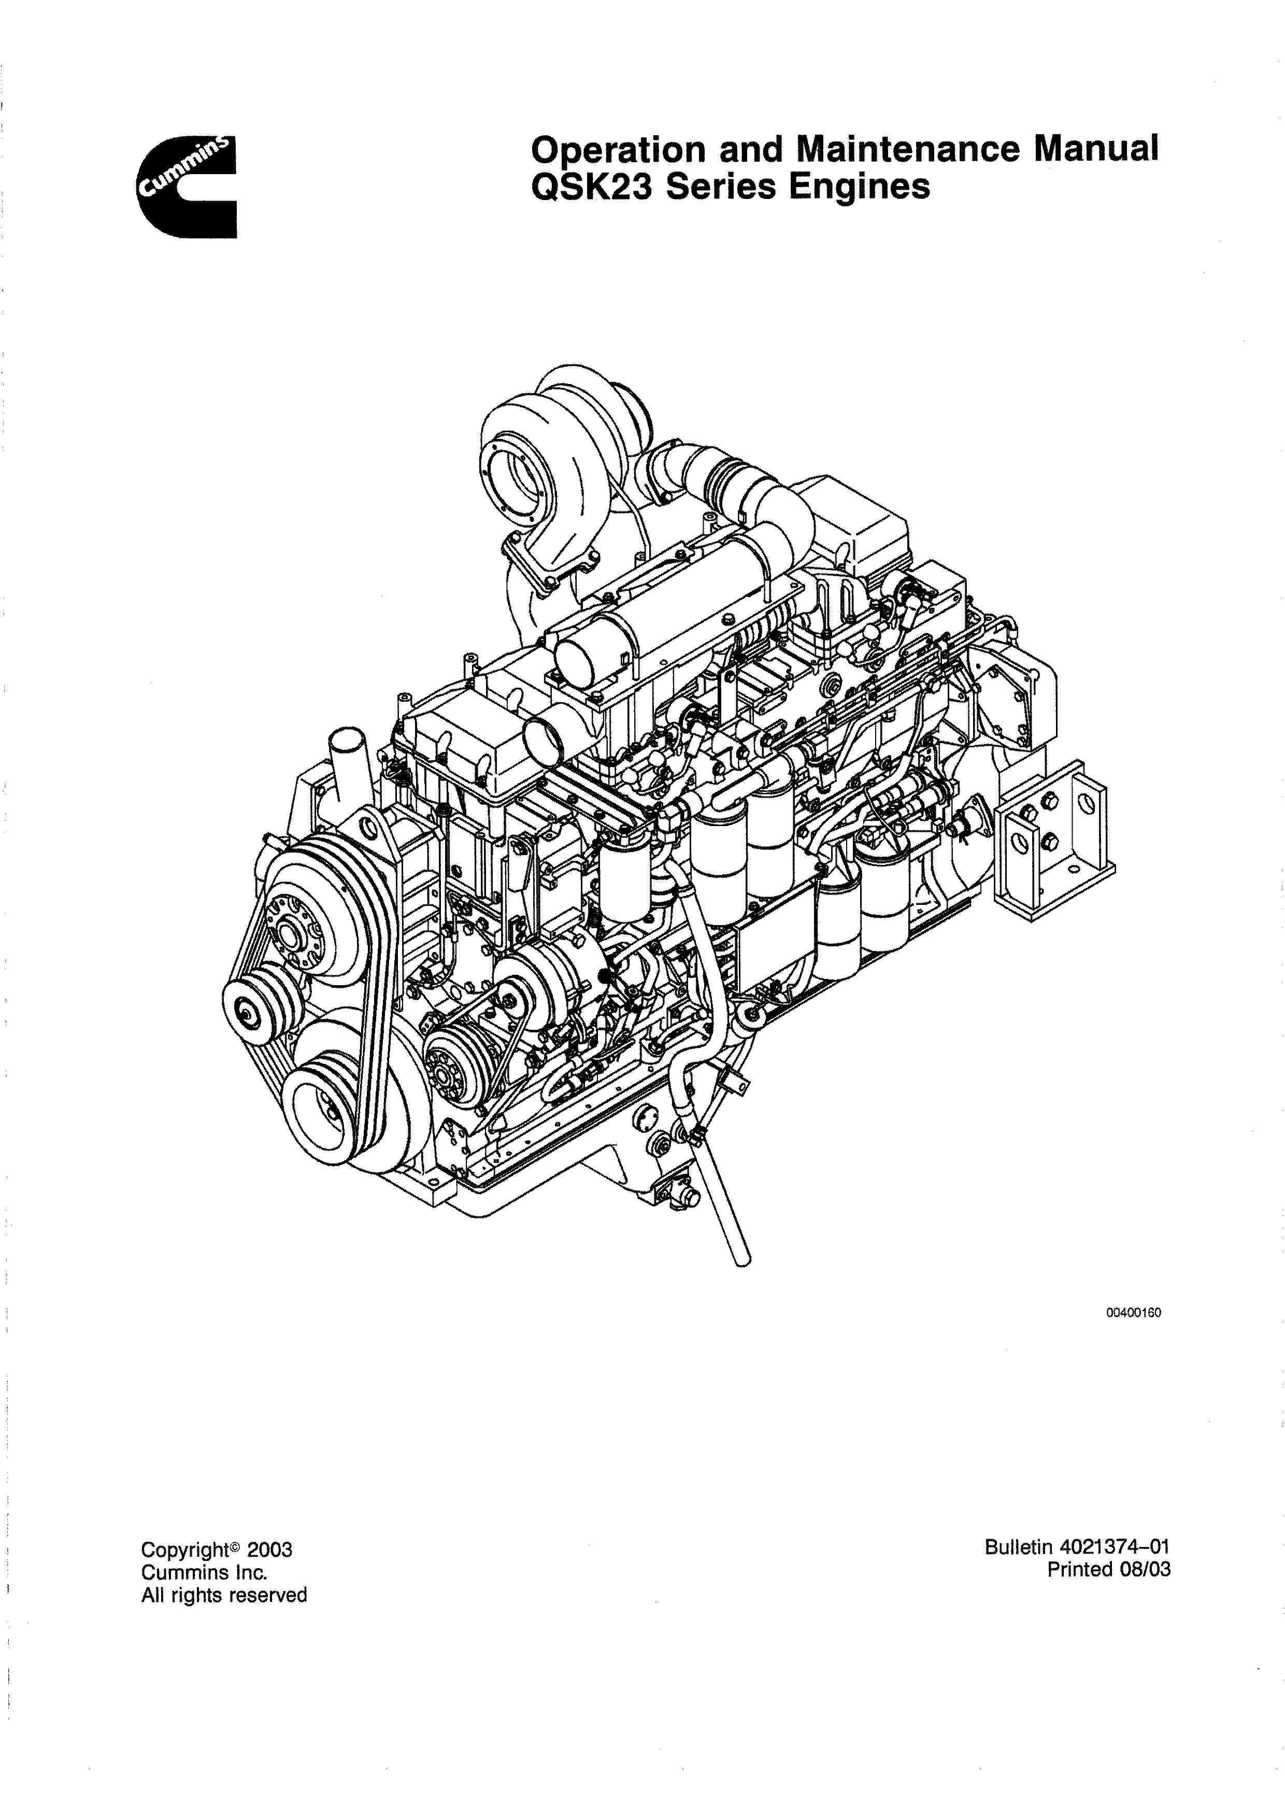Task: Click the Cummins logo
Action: pyautogui.click(x=188, y=187)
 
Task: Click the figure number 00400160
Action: pyautogui.click(x=1133, y=1313)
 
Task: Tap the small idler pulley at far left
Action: pyautogui.click(x=249, y=1011)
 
